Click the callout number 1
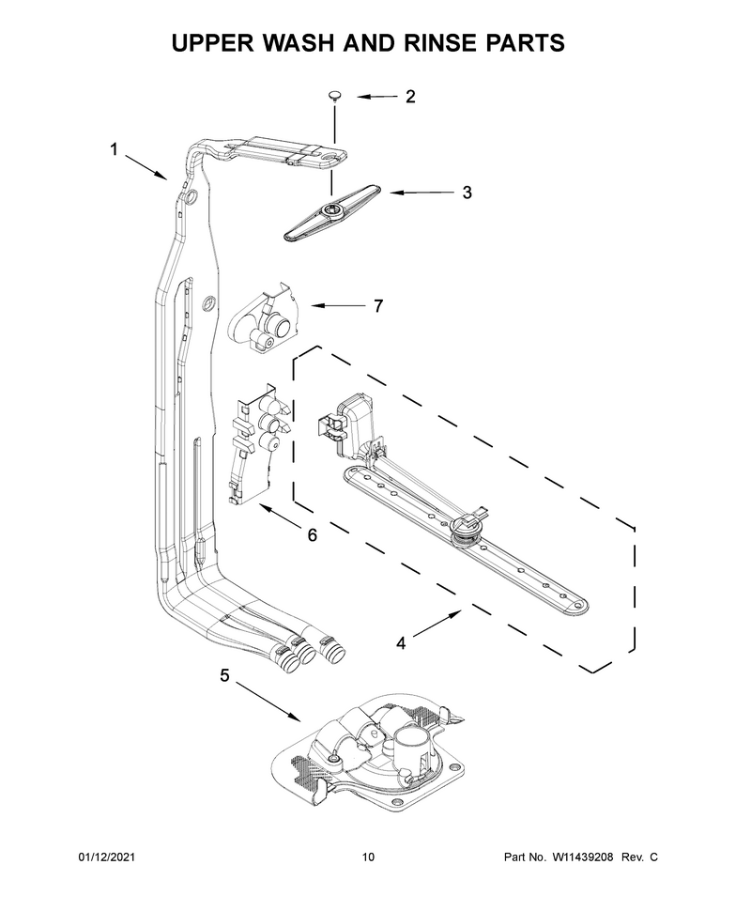coord(114,149)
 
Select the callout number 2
coord(410,97)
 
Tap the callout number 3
coord(467,193)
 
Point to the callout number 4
coord(401,643)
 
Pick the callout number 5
coord(224,674)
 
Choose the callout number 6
coord(313,535)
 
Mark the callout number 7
coord(378,305)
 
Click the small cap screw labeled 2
coord(334,96)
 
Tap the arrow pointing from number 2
coord(377,97)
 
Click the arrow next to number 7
coord(337,305)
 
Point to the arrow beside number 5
coord(268,703)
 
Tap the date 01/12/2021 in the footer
coord(106,857)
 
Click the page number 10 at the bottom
coord(368,857)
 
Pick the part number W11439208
coord(582,857)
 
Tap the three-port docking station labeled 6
coord(255,444)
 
